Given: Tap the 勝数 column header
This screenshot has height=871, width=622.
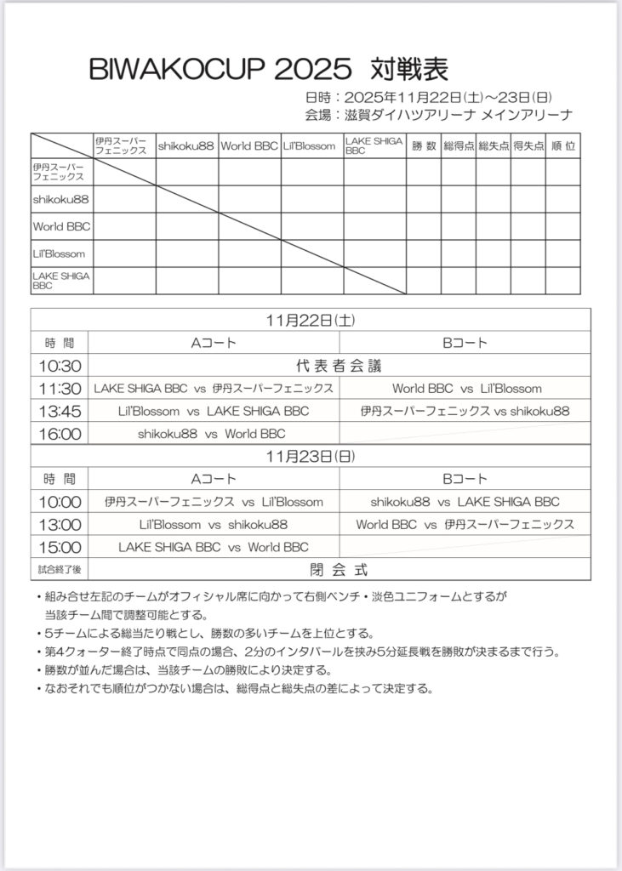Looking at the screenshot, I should tap(424, 145).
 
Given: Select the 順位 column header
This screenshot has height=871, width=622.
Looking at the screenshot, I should tap(562, 145).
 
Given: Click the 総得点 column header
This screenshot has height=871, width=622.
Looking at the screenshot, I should tap(459, 145).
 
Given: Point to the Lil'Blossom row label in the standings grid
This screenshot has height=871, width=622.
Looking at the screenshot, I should tap(52, 253).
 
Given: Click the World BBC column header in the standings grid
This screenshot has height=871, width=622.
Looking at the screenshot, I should tap(249, 145).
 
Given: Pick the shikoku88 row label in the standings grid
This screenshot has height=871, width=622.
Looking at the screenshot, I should tap(56, 199).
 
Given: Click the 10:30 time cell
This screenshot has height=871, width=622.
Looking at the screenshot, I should tap(60, 366).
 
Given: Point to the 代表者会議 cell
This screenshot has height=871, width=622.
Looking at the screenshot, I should tap(339, 366).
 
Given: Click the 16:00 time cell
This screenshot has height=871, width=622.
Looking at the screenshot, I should tap(60, 434).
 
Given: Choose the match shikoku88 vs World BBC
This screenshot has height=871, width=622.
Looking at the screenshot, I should tap(212, 434).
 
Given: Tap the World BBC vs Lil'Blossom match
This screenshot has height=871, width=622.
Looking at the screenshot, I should tap(466, 388).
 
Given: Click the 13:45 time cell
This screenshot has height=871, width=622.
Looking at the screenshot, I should tap(60, 411).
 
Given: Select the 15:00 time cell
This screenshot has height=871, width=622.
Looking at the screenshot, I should tap(60, 547).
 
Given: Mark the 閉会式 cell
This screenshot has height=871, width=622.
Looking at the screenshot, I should tap(339, 569).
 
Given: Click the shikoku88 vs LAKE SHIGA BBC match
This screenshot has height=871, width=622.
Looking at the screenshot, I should tap(465, 502).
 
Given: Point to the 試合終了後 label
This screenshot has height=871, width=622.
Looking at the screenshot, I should tap(60, 569).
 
